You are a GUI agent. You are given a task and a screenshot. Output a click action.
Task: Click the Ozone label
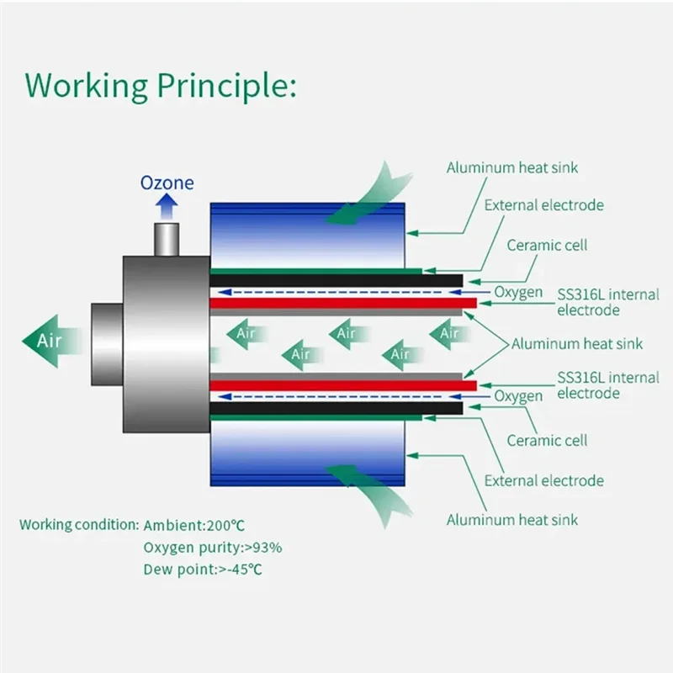(x=167, y=183)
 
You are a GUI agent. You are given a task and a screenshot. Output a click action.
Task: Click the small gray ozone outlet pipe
(x=167, y=239)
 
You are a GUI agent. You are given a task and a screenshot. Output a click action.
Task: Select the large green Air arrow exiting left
(x=50, y=340)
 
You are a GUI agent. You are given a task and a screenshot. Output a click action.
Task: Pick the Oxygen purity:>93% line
(x=212, y=548)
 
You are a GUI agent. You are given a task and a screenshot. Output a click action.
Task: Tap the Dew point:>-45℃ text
(x=203, y=570)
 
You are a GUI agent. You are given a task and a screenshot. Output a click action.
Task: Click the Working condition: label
(x=79, y=525)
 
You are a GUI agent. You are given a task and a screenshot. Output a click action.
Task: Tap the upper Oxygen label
(x=517, y=293)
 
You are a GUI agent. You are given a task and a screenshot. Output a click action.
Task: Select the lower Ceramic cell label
(x=547, y=440)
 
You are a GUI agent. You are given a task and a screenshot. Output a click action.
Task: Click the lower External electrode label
(x=544, y=480)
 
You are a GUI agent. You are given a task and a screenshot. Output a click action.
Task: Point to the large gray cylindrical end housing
(x=164, y=341)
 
